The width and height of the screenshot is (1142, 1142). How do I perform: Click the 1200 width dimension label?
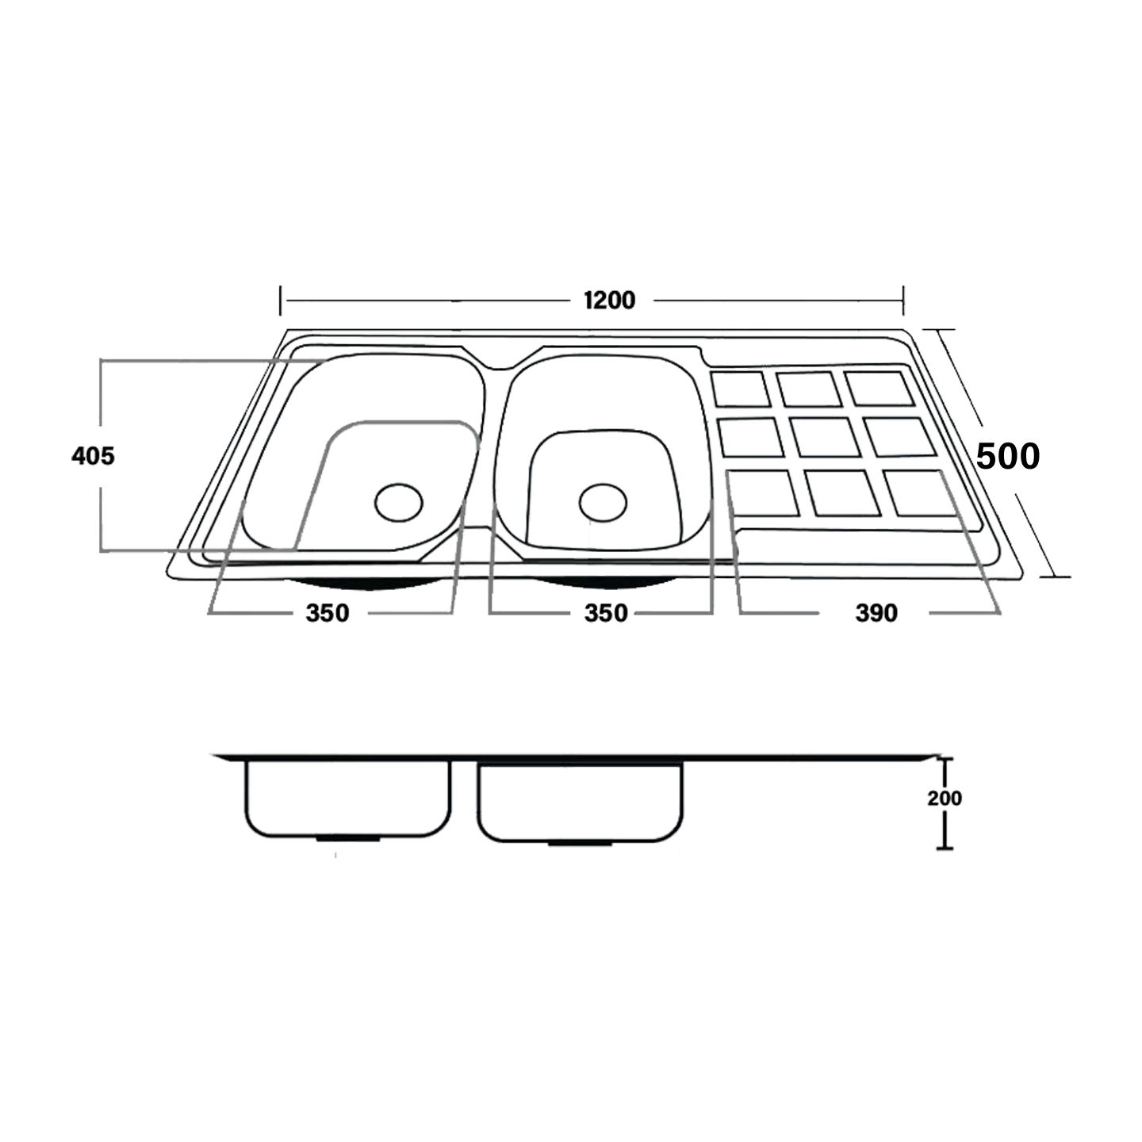(609, 301)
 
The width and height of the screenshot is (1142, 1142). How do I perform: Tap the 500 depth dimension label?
(1007, 457)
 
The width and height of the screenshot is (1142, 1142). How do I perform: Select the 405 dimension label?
(93, 456)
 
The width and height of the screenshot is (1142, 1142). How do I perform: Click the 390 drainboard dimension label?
(876, 613)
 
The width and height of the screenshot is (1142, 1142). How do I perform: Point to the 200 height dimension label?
(945, 798)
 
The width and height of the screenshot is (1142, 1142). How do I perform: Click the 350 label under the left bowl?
(328, 613)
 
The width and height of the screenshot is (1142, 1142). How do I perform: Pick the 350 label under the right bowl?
(606, 613)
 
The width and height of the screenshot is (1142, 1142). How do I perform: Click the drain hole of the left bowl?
(399, 503)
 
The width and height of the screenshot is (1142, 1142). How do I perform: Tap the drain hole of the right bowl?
(603, 503)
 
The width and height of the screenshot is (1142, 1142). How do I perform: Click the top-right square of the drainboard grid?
(879, 388)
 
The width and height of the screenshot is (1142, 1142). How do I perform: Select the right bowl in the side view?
(581, 801)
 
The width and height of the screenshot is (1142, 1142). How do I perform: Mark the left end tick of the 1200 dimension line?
(281, 301)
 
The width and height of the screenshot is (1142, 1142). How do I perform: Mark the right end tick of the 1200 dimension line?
(903, 301)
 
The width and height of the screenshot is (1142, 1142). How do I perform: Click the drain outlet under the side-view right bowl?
(581, 844)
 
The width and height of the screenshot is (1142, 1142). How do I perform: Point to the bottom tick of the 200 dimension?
(944, 849)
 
